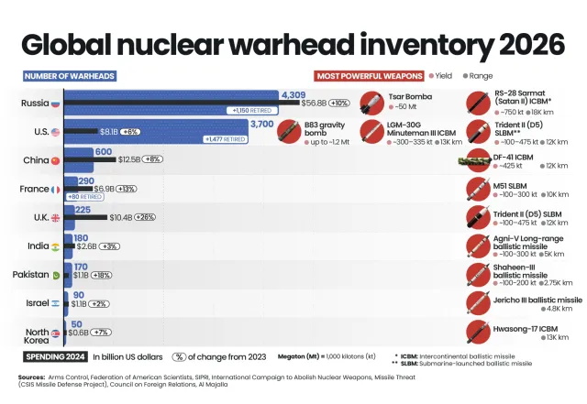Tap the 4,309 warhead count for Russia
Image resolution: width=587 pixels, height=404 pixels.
(293, 95)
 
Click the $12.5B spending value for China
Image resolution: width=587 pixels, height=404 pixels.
(129, 159)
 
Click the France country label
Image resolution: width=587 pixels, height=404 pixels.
(34, 189)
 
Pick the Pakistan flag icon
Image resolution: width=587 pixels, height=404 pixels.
(56, 275)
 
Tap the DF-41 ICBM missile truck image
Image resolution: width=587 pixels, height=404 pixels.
(475, 161)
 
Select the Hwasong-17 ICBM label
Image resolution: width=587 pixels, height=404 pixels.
(527, 327)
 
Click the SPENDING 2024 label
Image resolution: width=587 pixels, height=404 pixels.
(57, 356)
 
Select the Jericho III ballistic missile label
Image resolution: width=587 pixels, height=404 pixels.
(537, 299)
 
